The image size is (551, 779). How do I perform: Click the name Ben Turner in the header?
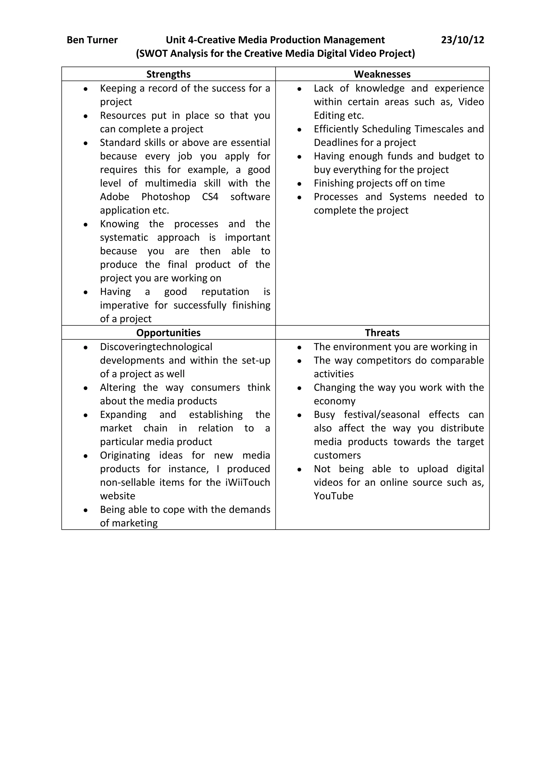click(92, 40)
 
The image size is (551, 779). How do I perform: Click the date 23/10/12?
click(462, 40)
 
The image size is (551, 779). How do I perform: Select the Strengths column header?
click(168, 74)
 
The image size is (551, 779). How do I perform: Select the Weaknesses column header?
click(382, 74)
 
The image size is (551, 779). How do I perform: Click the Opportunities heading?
click(168, 332)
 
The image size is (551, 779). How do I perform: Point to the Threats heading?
click(382, 332)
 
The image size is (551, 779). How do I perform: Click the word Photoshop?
click(165, 197)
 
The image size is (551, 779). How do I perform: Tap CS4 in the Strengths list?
click(210, 197)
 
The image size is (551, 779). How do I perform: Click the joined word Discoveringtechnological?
click(156, 347)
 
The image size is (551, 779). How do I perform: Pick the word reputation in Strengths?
click(225, 292)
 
